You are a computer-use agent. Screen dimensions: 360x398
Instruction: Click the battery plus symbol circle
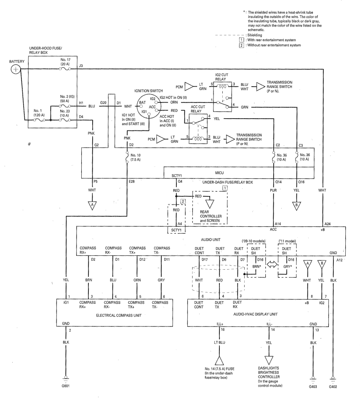tap(16, 69)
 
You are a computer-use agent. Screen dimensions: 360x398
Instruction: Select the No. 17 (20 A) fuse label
tap(65, 62)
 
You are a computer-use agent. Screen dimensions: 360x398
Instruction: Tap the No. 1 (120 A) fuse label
tap(39, 113)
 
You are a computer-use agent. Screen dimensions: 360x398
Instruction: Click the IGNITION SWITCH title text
tap(148, 91)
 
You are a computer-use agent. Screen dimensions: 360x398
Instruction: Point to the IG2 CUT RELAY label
tap(221, 77)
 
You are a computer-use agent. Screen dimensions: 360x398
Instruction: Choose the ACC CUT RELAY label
tap(197, 109)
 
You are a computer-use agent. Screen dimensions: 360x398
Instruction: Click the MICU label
tap(219, 173)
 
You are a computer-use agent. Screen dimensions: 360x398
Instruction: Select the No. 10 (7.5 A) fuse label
tap(136, 157)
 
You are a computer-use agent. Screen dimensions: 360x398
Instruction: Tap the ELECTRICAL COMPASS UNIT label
tap(119, 315)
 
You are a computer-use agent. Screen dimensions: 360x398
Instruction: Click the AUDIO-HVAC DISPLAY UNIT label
tap(255, 314)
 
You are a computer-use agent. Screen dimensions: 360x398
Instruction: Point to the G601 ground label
tap(65, 386)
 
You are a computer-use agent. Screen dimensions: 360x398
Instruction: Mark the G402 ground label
tap(333, 387)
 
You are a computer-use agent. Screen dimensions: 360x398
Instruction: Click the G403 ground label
tap(313, 387)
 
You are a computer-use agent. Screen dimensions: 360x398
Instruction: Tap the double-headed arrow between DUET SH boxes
tap(272, 264)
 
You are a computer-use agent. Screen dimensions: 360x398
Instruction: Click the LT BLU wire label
tap(219, 342)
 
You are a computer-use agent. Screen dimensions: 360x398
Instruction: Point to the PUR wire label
tap(273, 190)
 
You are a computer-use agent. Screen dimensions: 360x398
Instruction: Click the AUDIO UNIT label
tap(211, 240)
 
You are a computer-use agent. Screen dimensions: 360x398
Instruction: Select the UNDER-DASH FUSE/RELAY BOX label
tap(227, 182)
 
